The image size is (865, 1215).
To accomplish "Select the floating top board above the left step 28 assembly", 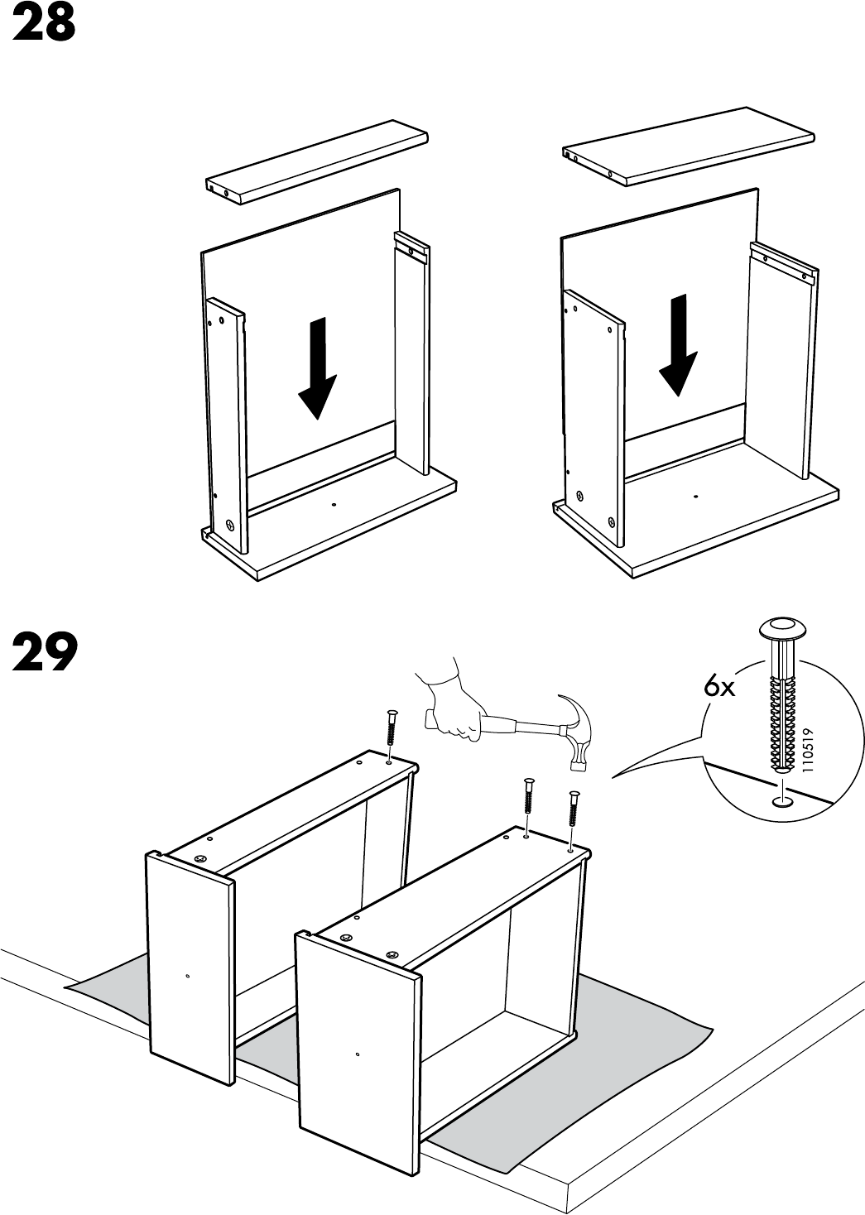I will point(317,166).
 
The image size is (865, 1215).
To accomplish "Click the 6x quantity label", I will point(719,687).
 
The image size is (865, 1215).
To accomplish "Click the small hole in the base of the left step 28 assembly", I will point(333,505).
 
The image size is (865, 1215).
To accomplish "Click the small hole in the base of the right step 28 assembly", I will point(696,496).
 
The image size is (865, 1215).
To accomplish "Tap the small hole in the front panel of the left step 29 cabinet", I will point(188,976).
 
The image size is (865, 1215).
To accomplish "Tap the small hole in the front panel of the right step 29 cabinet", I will point(356,1054).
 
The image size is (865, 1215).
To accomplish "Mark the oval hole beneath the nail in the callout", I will point(781,800).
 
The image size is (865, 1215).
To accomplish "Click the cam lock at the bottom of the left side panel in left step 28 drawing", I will point(229,525).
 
